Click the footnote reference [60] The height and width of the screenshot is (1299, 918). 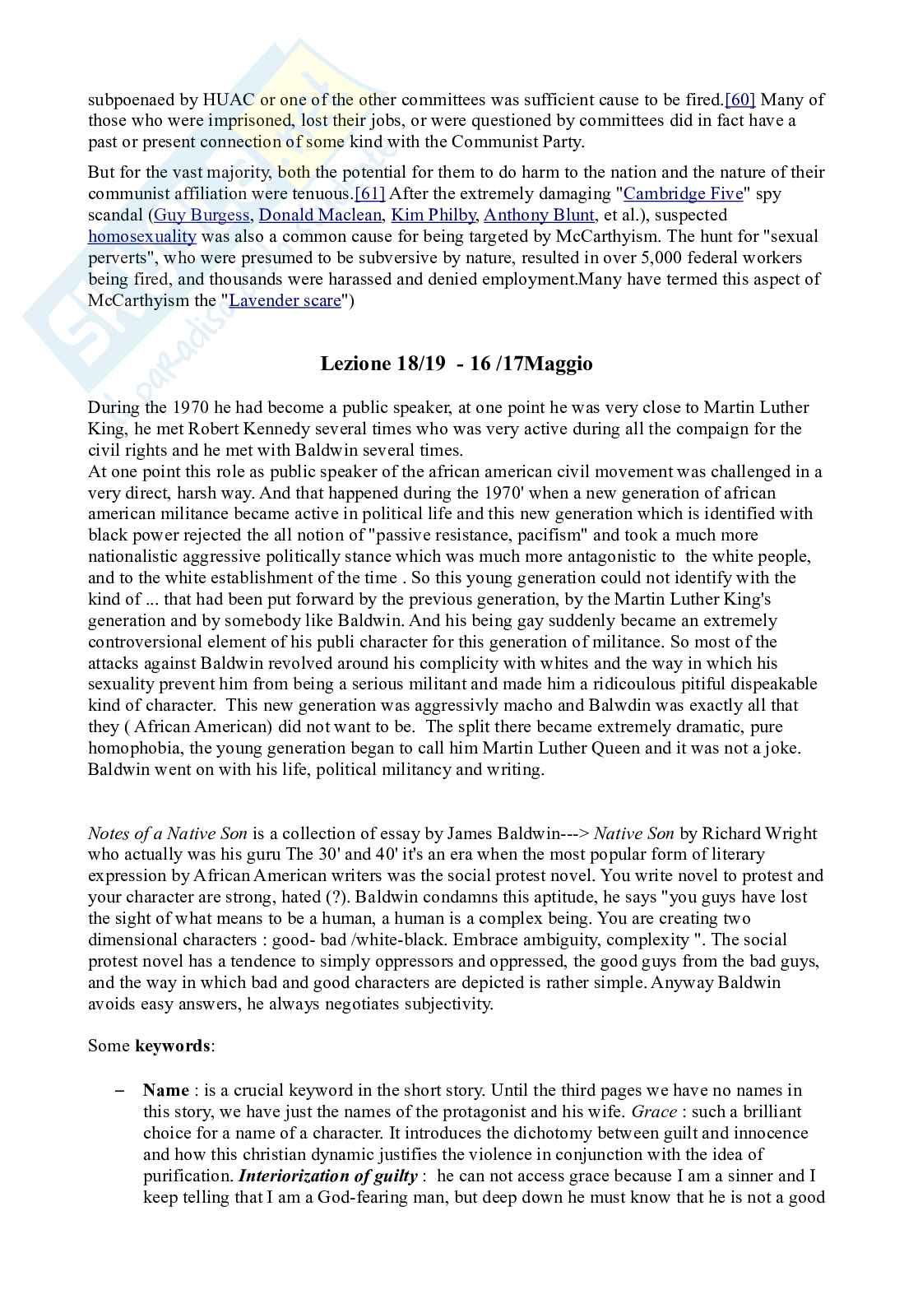coord(739,100)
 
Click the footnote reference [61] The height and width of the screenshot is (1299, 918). coord(369,193)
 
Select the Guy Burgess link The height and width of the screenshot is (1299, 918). coord(202,215)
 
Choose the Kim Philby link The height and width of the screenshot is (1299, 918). coord(433,215)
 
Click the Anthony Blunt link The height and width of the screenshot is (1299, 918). coord(539,215)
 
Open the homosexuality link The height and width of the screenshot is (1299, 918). coord(141,236)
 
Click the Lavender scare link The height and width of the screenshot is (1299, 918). coord(285,300)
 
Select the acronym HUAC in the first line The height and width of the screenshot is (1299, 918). coord(229,100)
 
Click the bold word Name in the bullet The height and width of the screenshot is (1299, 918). coord(166,1090)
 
